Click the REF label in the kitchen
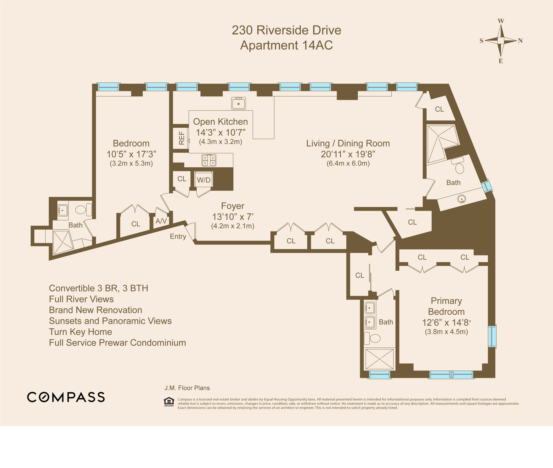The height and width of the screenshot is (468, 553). coord(181,138)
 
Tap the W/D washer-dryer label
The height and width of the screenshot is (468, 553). coord(204,180)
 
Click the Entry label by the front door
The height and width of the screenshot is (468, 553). coord(178,236)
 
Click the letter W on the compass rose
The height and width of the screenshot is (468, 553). coord(501,21)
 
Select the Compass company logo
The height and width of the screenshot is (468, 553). coord(66,397)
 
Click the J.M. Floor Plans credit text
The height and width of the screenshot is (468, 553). coord(187,388)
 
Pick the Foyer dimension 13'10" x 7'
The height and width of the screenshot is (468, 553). coord(233,217)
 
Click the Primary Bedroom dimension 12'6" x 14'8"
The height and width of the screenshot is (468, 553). coord(446,323)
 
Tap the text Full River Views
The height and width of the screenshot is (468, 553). coord(81,299)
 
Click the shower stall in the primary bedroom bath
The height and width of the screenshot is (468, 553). coord(379,359)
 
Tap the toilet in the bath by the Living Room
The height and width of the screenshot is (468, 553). coord(459,168)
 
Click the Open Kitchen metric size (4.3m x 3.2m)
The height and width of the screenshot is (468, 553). coord(220,142)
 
